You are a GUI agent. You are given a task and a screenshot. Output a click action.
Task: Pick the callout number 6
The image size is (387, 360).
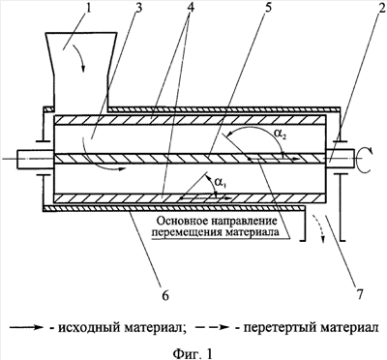click(164, 295)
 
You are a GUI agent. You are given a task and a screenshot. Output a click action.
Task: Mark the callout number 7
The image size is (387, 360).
click(360, 293)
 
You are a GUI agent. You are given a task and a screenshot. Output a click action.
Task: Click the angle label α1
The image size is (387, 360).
click(220, 184)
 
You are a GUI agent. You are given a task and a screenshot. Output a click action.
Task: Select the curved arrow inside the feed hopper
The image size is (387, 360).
click(80, 58)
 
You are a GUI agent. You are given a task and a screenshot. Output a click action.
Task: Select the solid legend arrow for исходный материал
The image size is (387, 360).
click(26, 328)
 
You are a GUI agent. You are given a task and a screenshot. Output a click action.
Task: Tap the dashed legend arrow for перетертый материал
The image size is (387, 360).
click(213, 328)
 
